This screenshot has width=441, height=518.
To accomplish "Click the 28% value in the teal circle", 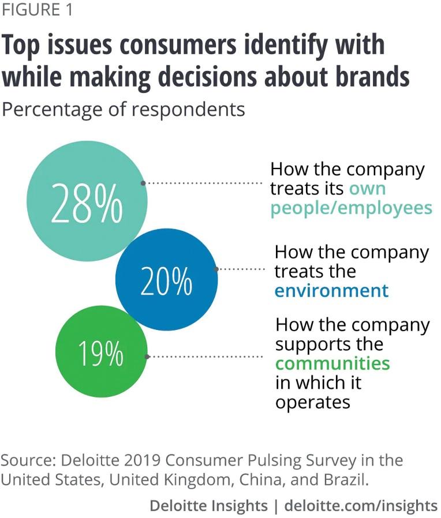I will coord(87,204).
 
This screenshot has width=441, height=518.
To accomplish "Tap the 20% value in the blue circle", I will coord(166,282).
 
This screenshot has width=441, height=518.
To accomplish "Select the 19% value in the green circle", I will coord(101,353).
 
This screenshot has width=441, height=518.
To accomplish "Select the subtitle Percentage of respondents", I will coord(124,109).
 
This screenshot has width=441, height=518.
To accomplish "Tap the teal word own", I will coord(367,189).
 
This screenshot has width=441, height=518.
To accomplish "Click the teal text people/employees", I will coord(351,208).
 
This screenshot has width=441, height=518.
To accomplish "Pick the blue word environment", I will coord(331,290).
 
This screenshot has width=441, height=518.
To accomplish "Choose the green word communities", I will coord(332,363).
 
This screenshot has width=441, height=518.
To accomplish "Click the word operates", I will coord(312,401).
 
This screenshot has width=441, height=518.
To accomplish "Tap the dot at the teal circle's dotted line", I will coord(143,183).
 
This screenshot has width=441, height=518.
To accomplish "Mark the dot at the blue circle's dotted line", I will coord(216,269).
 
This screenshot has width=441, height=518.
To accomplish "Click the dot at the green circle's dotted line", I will coord(148,356).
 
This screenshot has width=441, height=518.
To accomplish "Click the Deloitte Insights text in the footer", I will coord(208,506).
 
